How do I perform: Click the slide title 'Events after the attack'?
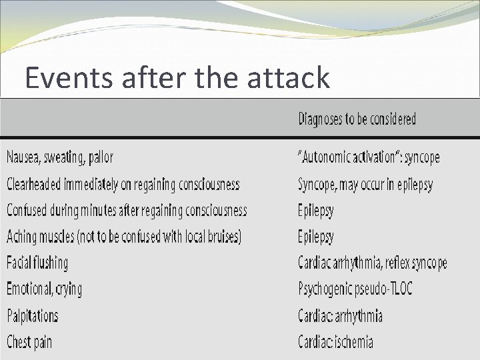tap(177, 79)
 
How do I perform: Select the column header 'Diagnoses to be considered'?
tap(357, 119)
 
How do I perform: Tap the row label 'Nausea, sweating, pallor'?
tap(60, 157)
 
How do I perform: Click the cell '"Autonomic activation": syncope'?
tap(369, 158)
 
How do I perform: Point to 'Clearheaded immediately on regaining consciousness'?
tap(123, 184)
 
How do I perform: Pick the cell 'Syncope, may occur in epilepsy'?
tap(365, 185)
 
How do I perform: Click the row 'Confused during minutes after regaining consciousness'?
tap(127, 211)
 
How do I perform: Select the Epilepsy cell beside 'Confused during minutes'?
tap(315, 211)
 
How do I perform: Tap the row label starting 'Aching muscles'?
tap(124, 237)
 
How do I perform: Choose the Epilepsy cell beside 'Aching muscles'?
tap(315, 237)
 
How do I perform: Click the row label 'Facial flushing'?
tap(37, 263)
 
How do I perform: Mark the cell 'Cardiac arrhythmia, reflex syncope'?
tap(372, 263)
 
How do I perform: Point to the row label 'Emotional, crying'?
tap(45, 289)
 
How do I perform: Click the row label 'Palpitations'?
tap(33, 315)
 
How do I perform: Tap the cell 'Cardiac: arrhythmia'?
tap(340, 315)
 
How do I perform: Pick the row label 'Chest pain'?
tap(29, 342)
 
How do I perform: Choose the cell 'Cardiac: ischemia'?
tap(335, 342)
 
